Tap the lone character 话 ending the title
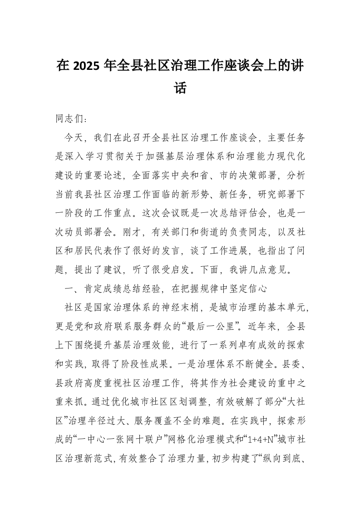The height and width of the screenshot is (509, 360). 180,88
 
